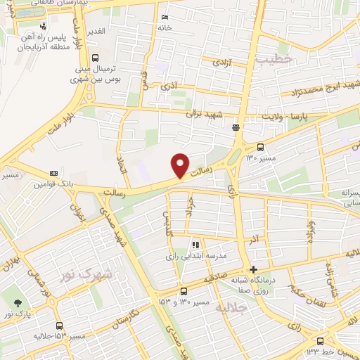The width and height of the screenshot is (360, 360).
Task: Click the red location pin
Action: (x=181, y=165)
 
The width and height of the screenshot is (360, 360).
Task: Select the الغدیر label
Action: (x=95, y=32)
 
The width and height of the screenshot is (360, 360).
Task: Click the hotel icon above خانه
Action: (x=165, y=18)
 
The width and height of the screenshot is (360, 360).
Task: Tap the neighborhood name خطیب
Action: (x=274, y=60)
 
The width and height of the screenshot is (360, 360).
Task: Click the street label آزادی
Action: (x=212, y=63)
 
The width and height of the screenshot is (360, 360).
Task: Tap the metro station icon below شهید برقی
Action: (x=235, y=127)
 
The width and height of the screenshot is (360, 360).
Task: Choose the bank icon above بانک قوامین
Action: (x=53, y=173)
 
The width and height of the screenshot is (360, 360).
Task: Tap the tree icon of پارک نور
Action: (x=18, y=304)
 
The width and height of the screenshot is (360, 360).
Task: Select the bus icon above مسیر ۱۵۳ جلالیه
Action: (x=59, y=326)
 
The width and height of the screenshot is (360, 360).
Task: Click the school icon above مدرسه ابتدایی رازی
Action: (x=196, y=245)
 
